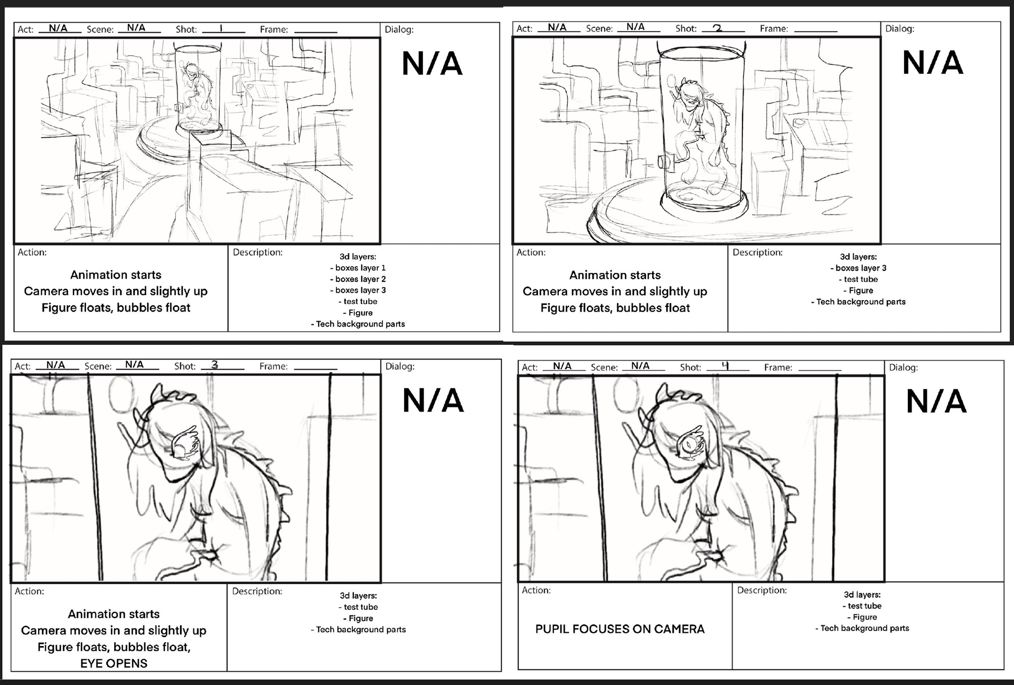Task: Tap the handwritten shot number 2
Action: [717, 28]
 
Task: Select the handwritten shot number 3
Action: [214, 364]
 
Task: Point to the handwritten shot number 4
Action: [725, 365]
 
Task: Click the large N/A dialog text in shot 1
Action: [432, 64]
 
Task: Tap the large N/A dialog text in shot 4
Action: [936, 401]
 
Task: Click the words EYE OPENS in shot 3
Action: [114, 663]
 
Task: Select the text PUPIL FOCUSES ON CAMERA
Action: [619, 629]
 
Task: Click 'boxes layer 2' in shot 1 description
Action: [360, 279]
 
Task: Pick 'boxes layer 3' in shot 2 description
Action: [860, 268]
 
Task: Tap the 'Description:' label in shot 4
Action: [762, 590]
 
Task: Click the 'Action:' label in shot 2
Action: [531, 252]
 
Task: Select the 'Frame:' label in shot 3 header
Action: [273, 366]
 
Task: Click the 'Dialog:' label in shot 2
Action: [899, 29]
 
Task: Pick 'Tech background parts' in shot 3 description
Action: [360, 630]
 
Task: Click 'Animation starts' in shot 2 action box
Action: [615, 275]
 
